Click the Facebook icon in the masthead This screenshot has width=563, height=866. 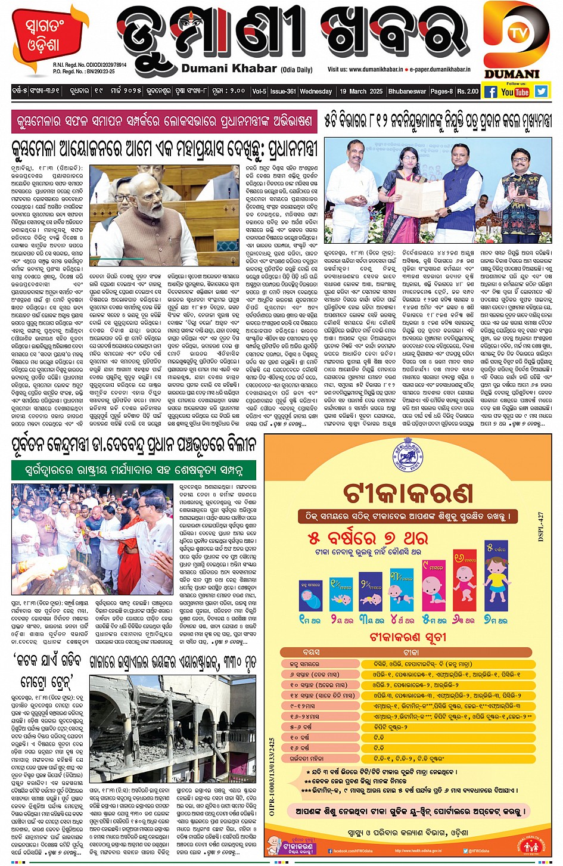(490, 92)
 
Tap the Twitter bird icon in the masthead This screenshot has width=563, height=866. (540, 91)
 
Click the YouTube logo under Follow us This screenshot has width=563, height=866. (515, 92)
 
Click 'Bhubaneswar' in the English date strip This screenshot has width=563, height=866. (407, 91)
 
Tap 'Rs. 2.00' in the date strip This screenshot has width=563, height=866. (468, 91)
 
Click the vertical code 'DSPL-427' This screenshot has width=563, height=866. (541, 526)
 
